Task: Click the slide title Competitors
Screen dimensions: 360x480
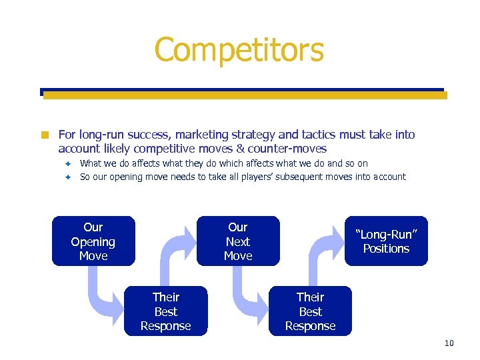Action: pyautogui.click(x=239, y=50)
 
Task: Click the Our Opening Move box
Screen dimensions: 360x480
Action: pyautogui.click(x=93, y=241)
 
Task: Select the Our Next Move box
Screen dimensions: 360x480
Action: pyautogui.click(x=238, y=241)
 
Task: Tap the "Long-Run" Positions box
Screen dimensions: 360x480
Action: pyautogui.click(x=386, y=241)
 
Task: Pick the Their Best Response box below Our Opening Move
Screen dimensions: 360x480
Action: pyautogui.click(x=165, y=311)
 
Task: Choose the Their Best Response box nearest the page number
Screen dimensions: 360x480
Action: pyautogui.click(x=310, y=311)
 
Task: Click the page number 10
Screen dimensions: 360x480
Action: pyautogui.click(x=449, y=343)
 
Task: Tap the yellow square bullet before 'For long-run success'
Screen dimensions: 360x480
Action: pyautogui.click(x=45, y=135)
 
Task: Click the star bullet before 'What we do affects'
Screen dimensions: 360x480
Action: pyautogui.click(x=67, y=163)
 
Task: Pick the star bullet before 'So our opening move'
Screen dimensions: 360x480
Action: pyautogui.click(x=67, y=177)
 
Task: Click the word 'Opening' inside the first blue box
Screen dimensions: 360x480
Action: pyautogui.click(x=93, y=242)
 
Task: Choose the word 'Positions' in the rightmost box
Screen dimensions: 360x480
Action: pyautogui.click(x=386, y=249)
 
